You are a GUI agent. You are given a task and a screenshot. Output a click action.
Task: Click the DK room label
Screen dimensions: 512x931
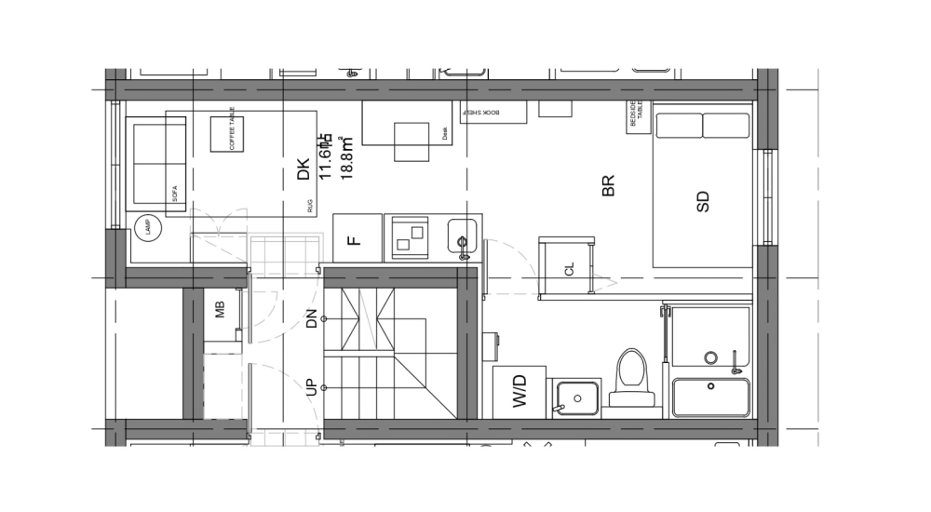click(x=303, y=169)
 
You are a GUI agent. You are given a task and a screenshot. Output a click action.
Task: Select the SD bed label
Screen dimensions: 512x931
click(x=703, y=201)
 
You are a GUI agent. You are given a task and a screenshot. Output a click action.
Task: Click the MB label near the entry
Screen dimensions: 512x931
click(x=221, y=310)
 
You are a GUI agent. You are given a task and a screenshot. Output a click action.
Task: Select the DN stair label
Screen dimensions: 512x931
click(x=311, y=319)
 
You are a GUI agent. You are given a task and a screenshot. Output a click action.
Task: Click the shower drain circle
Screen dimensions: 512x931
click(x=710, y=357)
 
